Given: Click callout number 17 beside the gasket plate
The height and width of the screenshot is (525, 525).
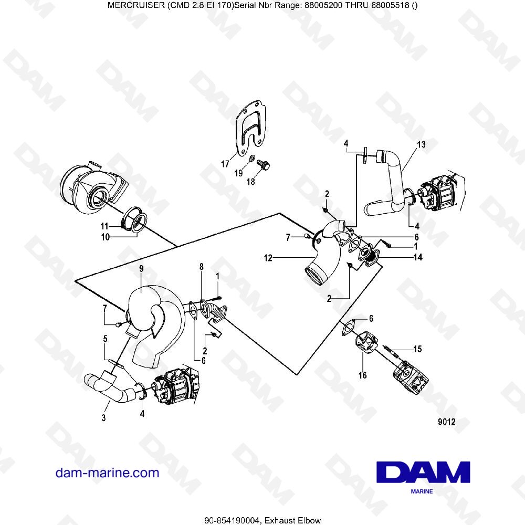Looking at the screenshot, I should click(x=225, y=164).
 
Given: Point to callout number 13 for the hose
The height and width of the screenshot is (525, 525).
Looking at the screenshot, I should click(x=421, y=144).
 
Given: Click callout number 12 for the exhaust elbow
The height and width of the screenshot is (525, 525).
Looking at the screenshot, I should click(x=268, y=258).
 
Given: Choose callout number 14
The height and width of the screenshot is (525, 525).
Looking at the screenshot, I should click(x=417, y=258).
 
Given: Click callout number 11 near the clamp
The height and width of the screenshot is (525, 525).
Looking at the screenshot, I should click(x=104, y=226).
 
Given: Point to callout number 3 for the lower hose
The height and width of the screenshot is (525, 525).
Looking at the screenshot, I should click(x=104, y=418).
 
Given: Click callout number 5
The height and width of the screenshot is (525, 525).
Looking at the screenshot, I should click(x=106, y=340).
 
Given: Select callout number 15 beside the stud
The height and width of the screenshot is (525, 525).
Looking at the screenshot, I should click(x=417, y=349).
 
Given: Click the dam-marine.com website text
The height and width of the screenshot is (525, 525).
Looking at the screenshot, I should click(x=107, y=472).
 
